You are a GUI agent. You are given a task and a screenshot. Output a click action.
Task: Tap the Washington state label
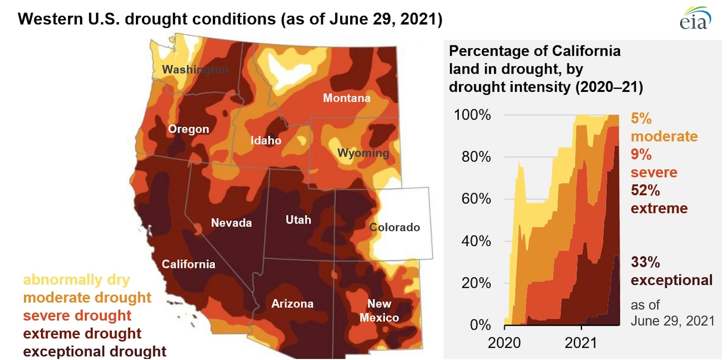click(195, 70)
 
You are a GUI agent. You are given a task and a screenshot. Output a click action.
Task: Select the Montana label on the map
click(347, 98)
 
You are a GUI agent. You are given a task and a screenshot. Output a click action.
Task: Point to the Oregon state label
click(188, 129)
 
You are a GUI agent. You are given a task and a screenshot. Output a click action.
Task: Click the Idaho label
click(266, 140)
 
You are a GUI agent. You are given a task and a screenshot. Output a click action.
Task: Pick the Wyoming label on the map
click(363, 153)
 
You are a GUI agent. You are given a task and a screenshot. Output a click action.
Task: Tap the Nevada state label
click(231, 222)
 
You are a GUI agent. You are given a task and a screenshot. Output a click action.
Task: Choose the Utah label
click(298, 220)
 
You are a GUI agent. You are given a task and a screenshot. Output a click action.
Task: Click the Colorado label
click(394, 227)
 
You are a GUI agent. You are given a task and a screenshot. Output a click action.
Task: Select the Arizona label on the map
click(292, 303)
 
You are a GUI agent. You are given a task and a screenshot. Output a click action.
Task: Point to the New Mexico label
click(379, 311)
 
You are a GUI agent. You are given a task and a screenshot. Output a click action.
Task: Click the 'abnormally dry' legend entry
click(76, 280)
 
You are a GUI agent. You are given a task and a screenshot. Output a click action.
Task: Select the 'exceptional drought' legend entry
click(95, 351)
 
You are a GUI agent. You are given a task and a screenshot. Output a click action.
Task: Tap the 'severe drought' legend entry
click(77, 316)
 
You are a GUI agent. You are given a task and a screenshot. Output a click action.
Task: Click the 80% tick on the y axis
click(476, 157)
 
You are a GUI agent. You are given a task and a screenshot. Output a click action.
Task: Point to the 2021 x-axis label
click(581, 343)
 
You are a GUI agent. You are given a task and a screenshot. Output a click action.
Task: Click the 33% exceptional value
click(671, 271)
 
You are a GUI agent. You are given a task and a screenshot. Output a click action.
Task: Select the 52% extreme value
click(659, 199)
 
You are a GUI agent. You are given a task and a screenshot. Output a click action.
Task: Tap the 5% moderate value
click(664, 128)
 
